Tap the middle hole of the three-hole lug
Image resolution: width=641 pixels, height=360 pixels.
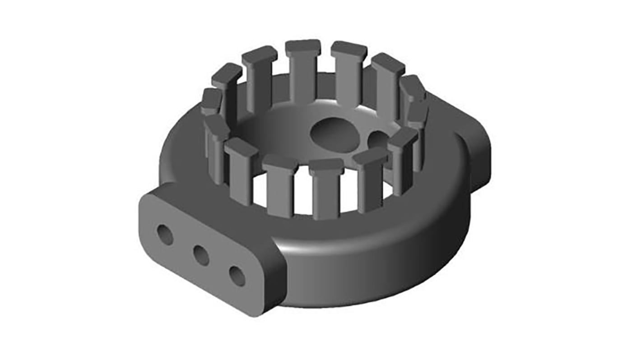[201, 256]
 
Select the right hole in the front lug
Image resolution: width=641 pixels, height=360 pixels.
[237, 276]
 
